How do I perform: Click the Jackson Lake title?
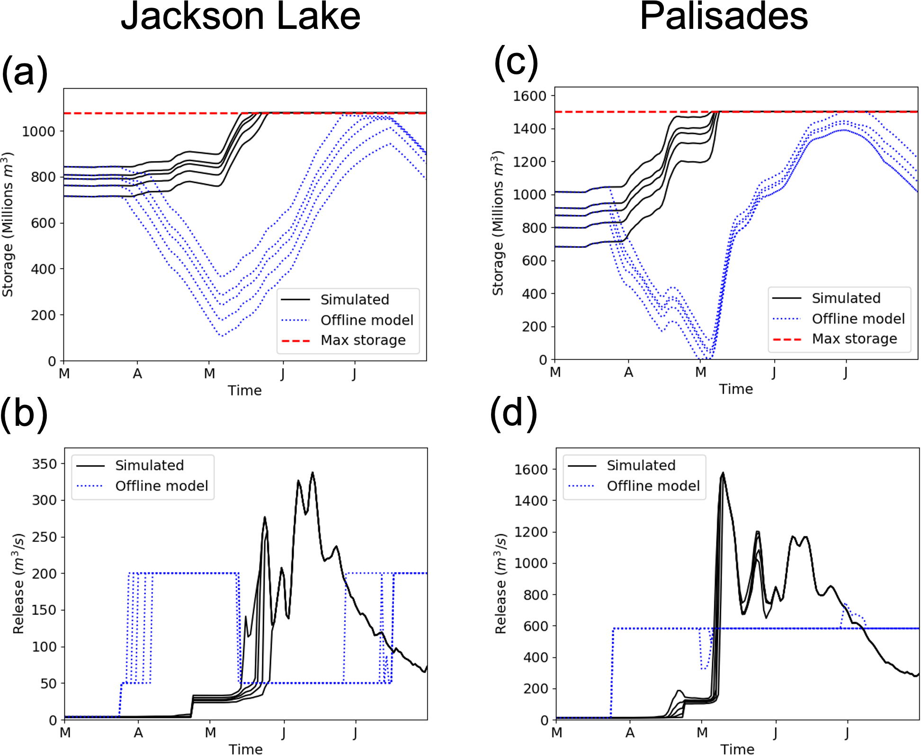click(x=241, y=17)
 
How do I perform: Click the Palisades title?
click(x=724, y=17)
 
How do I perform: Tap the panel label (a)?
click(x=25, y=72)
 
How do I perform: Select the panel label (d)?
click(x=513, y=413)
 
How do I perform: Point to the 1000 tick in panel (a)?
click(x=39, y=131)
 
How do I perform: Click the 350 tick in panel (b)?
click(x=45, y=464)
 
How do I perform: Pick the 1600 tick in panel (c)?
click(x=529, y=96)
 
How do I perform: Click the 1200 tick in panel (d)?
click(x=531, y=532)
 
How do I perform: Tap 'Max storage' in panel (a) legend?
click(x=363, y=340)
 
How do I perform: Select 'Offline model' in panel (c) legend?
click(x=858, y=319)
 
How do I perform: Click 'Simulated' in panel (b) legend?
click(x=149, y=465)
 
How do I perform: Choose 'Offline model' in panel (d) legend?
click(x=653, y=486)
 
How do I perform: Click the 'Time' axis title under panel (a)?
click(x=244, y=390)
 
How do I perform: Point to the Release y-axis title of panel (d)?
click(x=501, y=584)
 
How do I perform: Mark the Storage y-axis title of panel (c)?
click(x=498, y=223)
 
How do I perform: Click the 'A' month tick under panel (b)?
click(x=138, y=733)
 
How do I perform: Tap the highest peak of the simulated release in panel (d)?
click(x=723, y=473)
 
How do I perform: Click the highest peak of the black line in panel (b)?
click(x=313, y=473)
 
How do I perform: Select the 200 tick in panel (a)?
click(x=43, y=315)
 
